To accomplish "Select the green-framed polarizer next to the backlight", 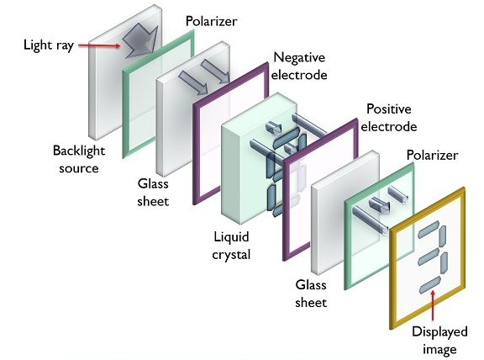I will tap(125, 109).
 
